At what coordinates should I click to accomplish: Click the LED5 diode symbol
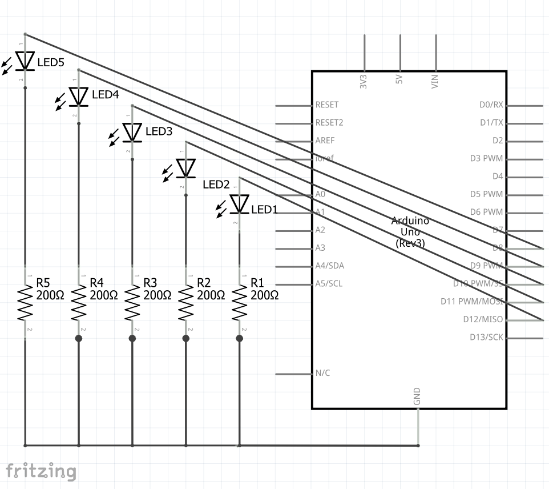[x=25, y=61]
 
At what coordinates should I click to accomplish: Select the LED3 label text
[x=159, y=131]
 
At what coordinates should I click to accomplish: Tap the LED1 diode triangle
[x=239, y=203]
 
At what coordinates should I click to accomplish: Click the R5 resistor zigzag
[x=25, y=303]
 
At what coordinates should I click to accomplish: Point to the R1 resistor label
[x=257, y=283]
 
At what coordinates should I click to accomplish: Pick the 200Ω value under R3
[x=158, y=295]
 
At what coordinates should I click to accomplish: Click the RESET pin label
[x=326, y=105]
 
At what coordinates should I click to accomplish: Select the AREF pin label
[x=325, y=141]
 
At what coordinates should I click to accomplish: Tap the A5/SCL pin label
[x=329, y=283]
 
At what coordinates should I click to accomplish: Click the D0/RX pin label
[x=491, y=105]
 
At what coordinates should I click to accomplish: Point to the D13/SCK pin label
[x=486, y=337]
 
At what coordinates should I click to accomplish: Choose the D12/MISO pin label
[x=483, y=319]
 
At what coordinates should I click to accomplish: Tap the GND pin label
[x=418, y=396]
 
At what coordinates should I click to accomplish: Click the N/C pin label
[x=322, y=374]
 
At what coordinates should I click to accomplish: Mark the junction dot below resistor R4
[x=79, y=339]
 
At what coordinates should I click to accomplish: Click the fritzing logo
[x=41, y=471]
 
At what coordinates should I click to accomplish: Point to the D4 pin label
[x=498, y=177]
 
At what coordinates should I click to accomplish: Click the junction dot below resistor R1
[x=239, y=339]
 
